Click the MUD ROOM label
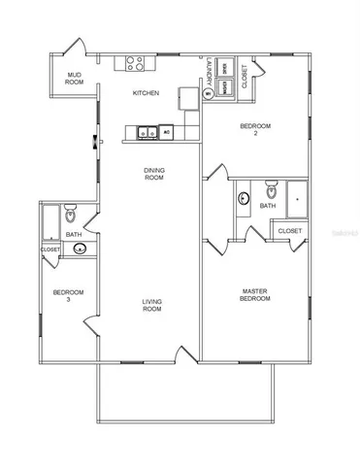[x=74, y=79]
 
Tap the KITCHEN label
[x=147, y=93]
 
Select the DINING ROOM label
[x=154, y=174]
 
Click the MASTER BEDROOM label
[x=256, y=294]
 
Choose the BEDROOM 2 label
[x=257, y=130]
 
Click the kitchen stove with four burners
[x=134, y=65]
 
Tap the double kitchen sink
[x=147, y=131]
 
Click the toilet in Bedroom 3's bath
[x=69, y=213]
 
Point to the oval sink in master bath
[x=243, y=201]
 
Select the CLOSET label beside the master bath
[x=289, y=231]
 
